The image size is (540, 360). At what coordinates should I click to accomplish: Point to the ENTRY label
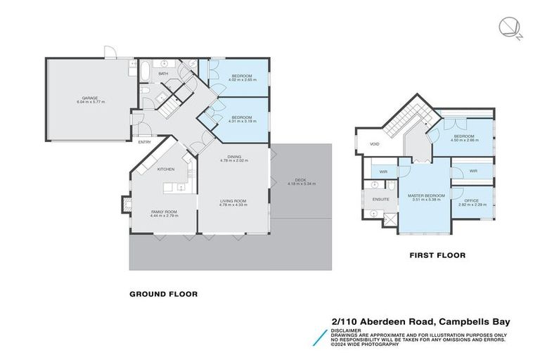tap(144, 142)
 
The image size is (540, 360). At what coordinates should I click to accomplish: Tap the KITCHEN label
tap(166, 169)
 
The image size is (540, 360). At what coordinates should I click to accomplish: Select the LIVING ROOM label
tap(234, 200)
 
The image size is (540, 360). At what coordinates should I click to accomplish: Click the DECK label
tap(302, 180)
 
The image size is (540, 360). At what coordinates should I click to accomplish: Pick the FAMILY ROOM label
tap(164, 212)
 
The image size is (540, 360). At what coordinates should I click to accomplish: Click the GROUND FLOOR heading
tap(163, 294)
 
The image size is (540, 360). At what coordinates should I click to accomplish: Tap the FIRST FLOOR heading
tap(437, 255)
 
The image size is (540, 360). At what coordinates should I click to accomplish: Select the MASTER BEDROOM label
tap(424, 195)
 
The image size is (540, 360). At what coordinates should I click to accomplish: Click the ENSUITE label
tap(381, 200)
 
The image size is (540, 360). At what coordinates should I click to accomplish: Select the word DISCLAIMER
tap(347, 328)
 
